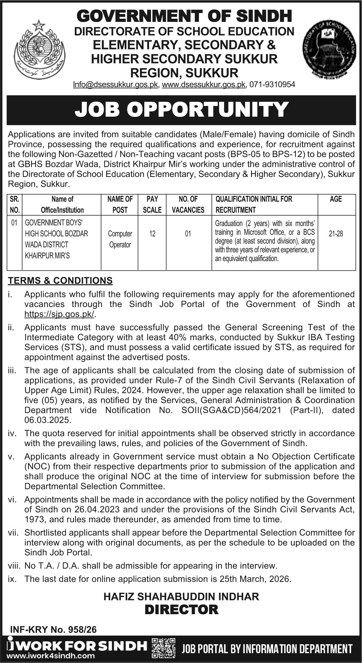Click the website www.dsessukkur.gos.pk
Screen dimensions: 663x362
coord(203,84)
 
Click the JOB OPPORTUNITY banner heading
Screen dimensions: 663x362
coord(181,110)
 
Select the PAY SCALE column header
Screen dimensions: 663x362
coord(152,204)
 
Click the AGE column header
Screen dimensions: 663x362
coord(336,199)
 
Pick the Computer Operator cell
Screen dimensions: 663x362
coord(120,239)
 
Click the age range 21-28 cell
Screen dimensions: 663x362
coord(336,234)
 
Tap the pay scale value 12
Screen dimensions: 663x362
coord(152,234)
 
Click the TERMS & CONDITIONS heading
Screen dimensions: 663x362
coord(60,280)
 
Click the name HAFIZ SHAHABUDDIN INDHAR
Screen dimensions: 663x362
coord(181,597)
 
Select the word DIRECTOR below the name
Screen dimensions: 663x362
coord(181,610)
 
